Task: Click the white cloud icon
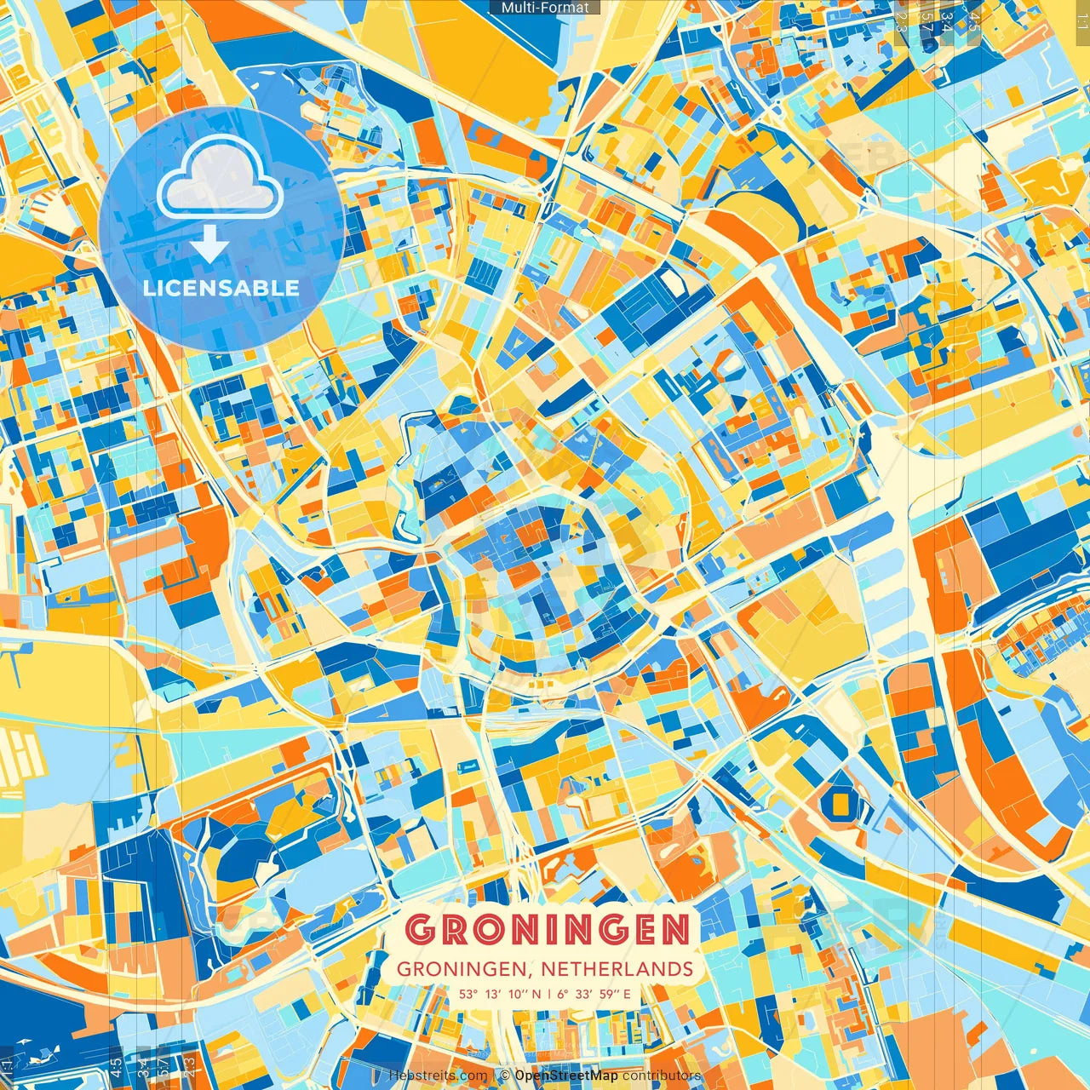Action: point(220,178)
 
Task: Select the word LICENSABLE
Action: point(221,288)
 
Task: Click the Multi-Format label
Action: point(545,8)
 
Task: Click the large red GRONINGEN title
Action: point(548,930)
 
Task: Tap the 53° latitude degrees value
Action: point(469,994)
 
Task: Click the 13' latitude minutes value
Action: point(494,994)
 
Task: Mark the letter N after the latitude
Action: point(536,994)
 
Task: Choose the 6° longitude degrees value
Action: point(563,994)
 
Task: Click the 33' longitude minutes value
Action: point(585,994)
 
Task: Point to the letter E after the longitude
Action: point(627,994)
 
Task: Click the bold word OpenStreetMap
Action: point(566,1076)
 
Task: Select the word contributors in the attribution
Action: point(663,1076)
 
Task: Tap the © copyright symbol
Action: point(505,1076)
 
